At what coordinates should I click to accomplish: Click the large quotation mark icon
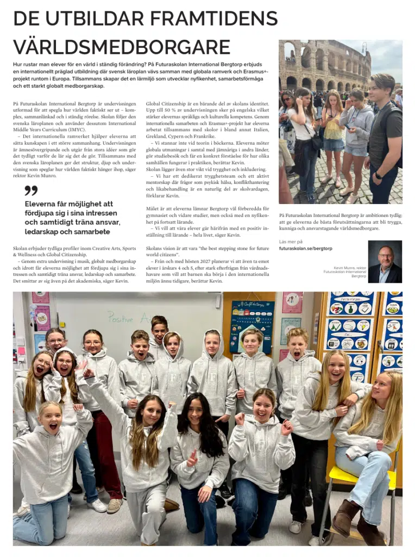(31, 190)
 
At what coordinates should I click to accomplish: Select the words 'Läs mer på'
(291, 241)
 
